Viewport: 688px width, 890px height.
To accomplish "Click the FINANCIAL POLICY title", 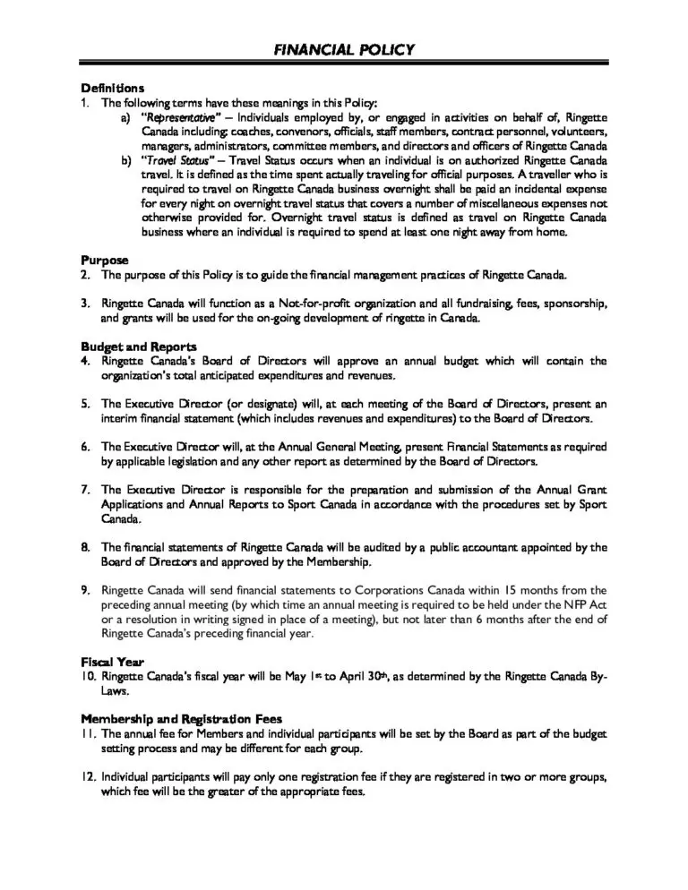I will tap(344, 49).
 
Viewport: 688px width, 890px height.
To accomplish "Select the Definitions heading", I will tap(112, 89).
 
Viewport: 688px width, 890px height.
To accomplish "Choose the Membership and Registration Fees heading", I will tap(182, 718).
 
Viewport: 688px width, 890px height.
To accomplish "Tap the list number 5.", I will tap(85, 404).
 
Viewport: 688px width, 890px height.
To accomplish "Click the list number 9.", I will tap(85, 590).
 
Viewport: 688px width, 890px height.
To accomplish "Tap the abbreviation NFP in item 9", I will tap(577, 604).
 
